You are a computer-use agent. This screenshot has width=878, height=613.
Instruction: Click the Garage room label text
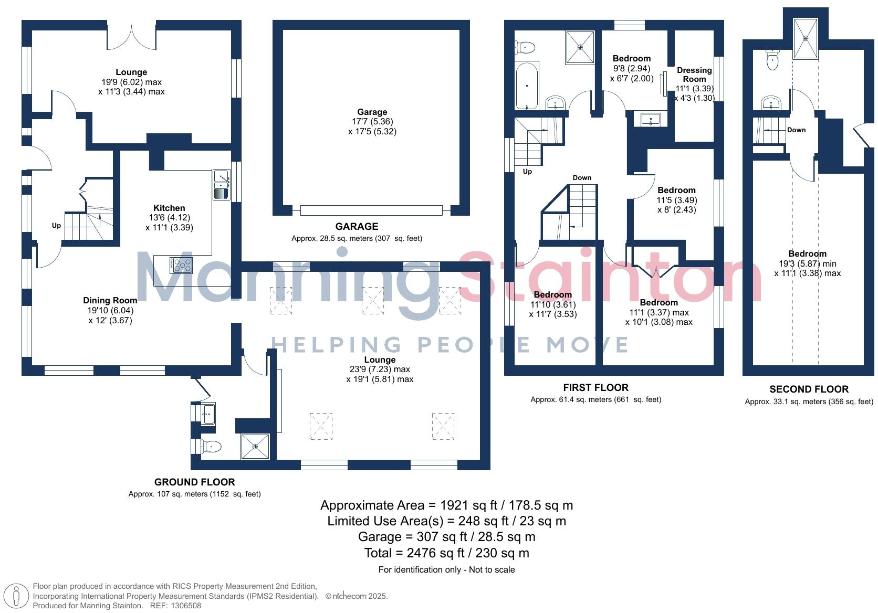pyautogui.click(x=372, y=112)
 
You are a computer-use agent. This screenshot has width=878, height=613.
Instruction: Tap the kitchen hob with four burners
pyautogui.click(x=181, y=265)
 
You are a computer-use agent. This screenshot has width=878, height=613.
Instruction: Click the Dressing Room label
pyautogui.click(x=694, y=75)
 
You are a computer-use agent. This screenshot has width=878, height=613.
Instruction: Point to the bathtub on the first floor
pyautogui.click(x=526, y=86)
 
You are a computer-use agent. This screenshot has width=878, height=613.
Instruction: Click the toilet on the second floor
pyautogui.click(x=772, y=60)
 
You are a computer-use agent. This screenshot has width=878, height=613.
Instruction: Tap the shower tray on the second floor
pyautogui.click(x=806, y=38)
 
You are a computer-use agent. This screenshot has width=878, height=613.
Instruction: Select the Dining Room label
pyautogui.click(x=110, y=300)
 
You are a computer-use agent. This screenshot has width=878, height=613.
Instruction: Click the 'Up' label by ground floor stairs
pyautogui.click(x=56, y=226)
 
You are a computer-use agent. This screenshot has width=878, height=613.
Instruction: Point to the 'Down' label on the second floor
pyautogui.click(x=796, y=130)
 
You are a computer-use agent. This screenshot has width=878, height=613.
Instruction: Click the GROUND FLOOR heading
pyautogui.click(x=194, y=482)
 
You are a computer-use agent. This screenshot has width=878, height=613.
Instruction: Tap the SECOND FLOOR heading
pyautogui.click(x=809, y=389)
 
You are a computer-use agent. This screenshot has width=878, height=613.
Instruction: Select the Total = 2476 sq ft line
pyautogui.click(x=446, y=553)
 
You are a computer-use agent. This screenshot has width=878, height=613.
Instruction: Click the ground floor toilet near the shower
pyautogui.click(x=212, y=447)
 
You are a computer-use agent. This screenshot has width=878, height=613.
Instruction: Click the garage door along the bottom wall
pyautogui.click(x=371, y=210)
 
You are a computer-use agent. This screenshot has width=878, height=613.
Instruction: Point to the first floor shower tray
pyautogui.click(x=580, y=47)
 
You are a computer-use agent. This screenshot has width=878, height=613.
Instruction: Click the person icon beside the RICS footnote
pyautogui.click(x=17, y=596)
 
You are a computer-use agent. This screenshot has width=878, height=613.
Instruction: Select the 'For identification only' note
pyautogui.click(x=446, y=569)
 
